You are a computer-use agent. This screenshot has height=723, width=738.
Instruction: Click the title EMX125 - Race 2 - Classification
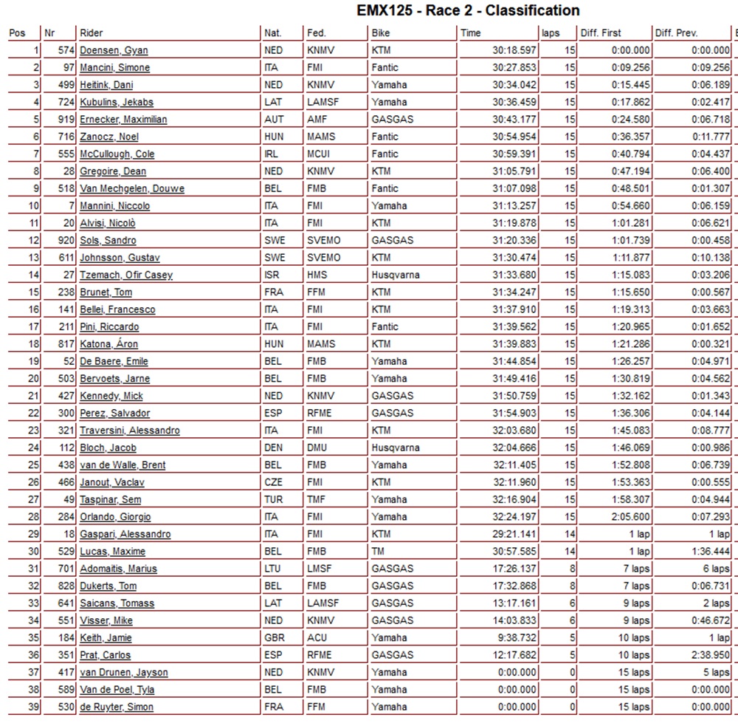tap(468, 10)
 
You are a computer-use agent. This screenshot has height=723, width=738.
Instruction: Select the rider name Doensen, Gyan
tap(114, 50)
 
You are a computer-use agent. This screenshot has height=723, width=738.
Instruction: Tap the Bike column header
tap(381, 32)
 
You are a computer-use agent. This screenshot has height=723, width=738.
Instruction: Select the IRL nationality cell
tap(272, 154)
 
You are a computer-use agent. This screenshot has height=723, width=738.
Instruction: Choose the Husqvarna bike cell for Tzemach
tap(396, 275)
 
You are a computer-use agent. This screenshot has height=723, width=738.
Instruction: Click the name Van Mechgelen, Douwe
tap(132, 188)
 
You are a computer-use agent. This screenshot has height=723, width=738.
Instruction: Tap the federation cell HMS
tap(317, 275)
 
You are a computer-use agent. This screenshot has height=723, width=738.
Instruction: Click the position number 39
tap(34, 707)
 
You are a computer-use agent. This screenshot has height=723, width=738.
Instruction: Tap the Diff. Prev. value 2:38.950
tap(709, 655)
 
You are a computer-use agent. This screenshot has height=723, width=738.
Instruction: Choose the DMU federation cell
tap(318, 448)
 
